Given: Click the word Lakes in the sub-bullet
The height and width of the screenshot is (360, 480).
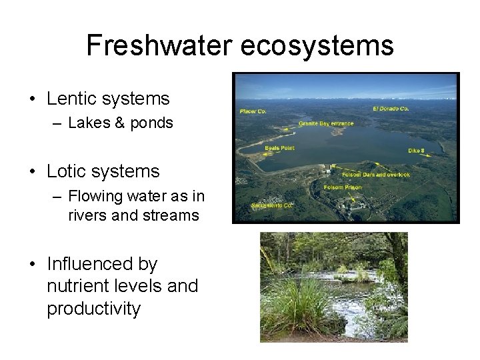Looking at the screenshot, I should (89, 123).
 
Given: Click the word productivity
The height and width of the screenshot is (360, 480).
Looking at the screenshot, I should (93, 309).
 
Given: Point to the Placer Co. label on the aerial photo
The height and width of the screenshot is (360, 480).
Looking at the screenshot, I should (253, 111).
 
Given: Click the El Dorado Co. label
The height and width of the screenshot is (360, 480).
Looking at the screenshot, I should (391, 108).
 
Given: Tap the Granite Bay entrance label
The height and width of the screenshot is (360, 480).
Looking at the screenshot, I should (325, 123).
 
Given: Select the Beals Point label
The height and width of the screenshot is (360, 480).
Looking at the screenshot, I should (279, 148).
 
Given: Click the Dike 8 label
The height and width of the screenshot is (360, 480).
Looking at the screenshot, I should (417, 151).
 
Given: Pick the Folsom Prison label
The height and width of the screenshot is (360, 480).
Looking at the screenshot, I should (343, 187).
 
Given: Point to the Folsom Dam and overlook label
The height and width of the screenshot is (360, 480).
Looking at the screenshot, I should (375, 175).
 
